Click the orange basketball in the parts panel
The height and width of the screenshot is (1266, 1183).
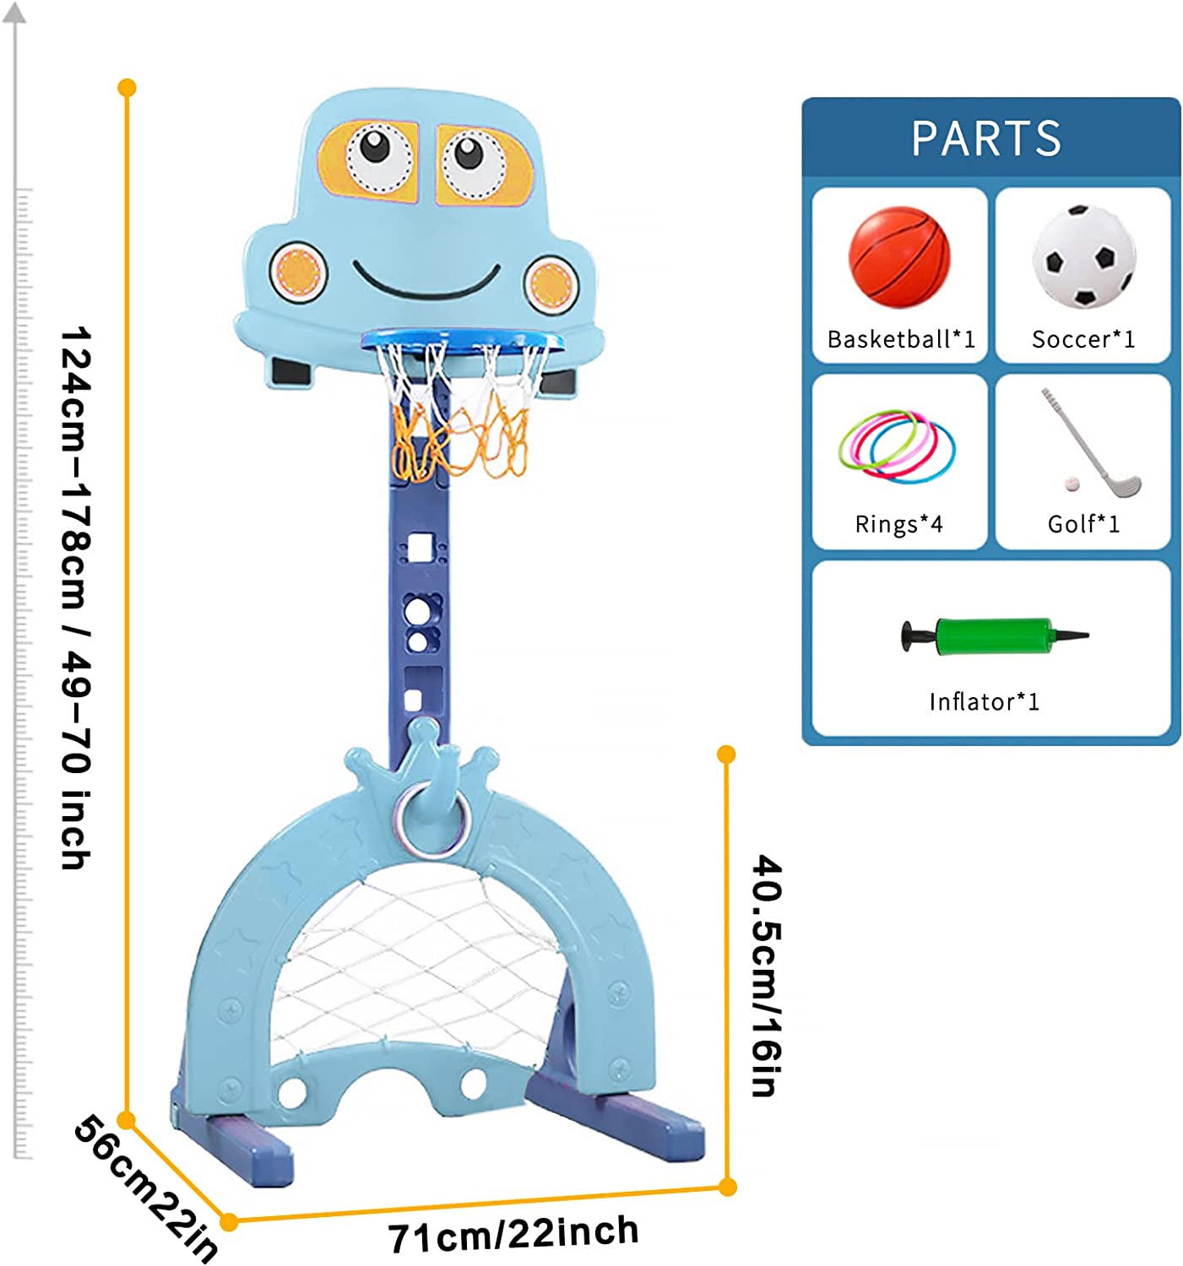point(899,257)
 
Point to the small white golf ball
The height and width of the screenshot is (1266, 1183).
point(1072,484)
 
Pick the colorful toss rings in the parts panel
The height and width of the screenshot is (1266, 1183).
point(898,445)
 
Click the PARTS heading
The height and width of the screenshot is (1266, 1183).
point(986,138)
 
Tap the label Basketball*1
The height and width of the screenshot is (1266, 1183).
point(901,339)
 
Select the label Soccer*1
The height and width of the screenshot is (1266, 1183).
point(1083,339)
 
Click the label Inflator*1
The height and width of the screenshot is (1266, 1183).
point(985,701)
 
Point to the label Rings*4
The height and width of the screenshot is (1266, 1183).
point(898,524)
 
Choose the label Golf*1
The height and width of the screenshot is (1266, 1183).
point(1083,524)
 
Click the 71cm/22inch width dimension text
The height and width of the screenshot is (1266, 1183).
point(513,1235)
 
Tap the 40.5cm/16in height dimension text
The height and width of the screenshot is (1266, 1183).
point(767,975)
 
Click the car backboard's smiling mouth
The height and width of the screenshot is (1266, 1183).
point(426,282)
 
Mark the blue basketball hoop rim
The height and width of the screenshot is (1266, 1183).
point(463,339)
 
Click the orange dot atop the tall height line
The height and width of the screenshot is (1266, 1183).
point(128,88)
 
